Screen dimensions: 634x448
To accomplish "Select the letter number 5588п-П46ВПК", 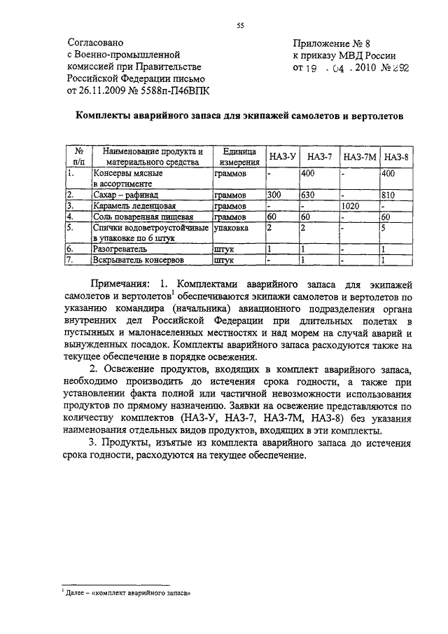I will coord(171,90).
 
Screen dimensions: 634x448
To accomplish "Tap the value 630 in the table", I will coord(309,195).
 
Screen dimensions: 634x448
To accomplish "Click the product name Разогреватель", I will coord(120,249).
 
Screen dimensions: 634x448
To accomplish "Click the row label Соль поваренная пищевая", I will coord(143,217).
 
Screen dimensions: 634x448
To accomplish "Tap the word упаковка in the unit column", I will coord(232,228).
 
